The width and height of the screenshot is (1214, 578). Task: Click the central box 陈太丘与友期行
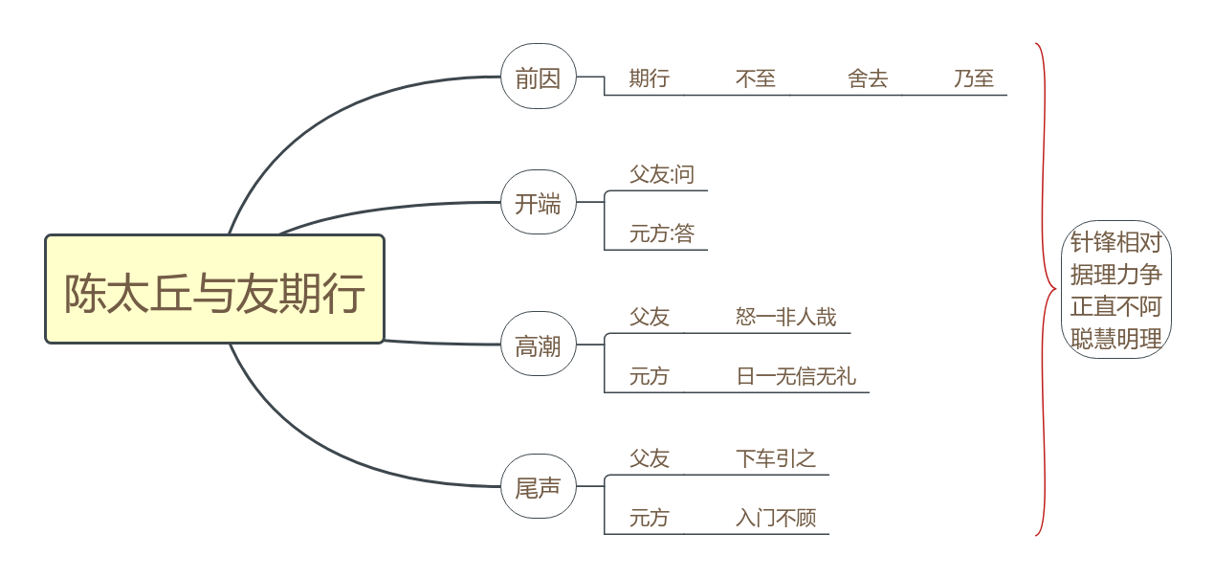click(214, 290)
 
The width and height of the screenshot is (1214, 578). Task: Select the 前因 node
click(538, 78)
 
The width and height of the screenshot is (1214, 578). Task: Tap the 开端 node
click(538, 203)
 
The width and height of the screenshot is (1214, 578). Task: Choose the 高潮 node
click(538, 346)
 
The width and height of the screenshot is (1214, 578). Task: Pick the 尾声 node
click(538, 487)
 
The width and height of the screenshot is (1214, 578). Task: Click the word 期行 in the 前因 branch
click(649, 78)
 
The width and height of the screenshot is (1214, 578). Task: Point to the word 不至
click(756, 78)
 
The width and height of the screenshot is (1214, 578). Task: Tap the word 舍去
click(868, 78)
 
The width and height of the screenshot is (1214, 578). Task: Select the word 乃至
click(974, 78)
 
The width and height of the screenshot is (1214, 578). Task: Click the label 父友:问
click(661, 174)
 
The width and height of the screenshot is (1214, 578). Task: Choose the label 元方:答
click(661, 233)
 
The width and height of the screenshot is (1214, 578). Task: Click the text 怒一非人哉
click(786, 317)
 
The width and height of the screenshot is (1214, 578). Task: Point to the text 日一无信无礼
click(796, 376)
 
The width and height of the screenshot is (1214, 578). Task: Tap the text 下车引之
click(776, 458)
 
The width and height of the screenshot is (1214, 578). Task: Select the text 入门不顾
click(776, 518)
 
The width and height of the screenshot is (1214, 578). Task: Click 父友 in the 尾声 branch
click(649, 458)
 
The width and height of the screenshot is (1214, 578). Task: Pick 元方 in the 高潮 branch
click(649, 376)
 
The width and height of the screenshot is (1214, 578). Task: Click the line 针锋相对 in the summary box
click(1115, 242)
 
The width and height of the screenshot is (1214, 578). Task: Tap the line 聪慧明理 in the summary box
click(1115, 339)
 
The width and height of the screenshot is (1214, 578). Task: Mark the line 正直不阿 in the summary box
click(1115, 307)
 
